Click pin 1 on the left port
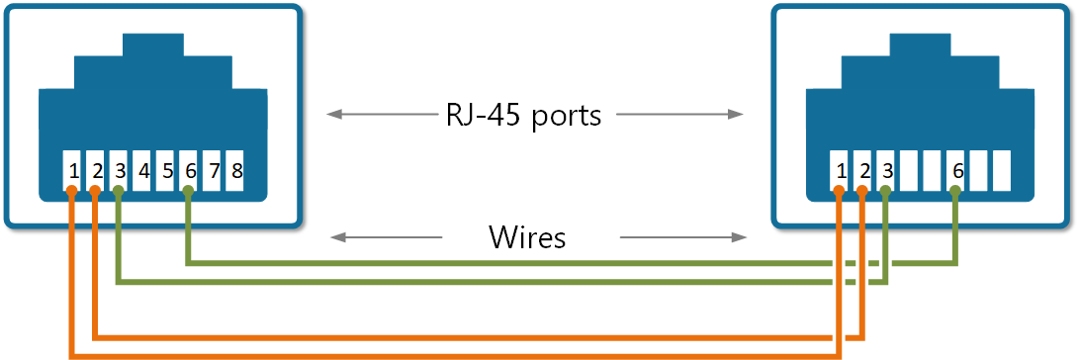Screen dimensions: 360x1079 coord(73,170)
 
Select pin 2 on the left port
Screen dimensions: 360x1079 coord(97,170)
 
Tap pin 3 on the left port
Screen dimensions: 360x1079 coord(120,170)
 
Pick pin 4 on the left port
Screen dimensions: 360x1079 coord(143,170)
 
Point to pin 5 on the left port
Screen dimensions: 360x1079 coord(166,170)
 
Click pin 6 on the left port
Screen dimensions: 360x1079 coord(190,170)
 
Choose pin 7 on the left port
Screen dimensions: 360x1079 coord(213,170)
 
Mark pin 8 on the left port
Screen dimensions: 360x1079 coord(236,170)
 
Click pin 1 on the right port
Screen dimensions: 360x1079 coord(841,170)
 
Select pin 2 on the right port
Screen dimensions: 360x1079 coord(864,170)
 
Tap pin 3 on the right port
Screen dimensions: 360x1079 coord(887,170)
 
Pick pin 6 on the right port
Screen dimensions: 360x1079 coord(956,170)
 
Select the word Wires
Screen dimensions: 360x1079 coord(527,237)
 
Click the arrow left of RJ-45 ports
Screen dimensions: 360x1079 coord(380,115)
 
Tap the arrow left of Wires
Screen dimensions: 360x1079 coord(386,237)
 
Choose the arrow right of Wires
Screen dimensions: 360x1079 coord(682,237)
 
